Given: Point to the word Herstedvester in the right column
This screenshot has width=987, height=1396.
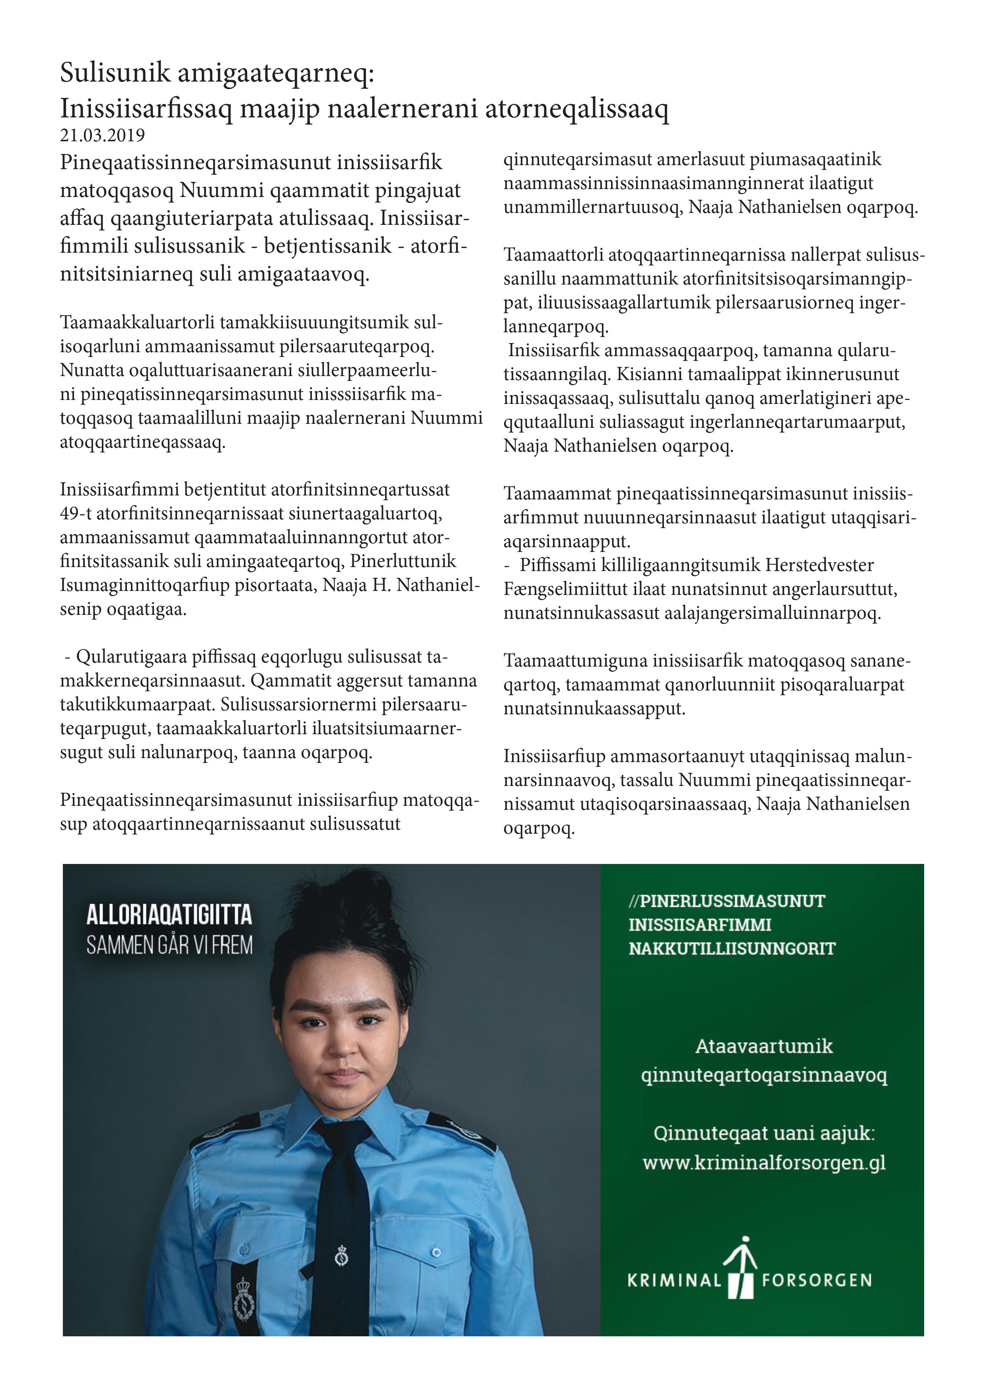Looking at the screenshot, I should [819, 565].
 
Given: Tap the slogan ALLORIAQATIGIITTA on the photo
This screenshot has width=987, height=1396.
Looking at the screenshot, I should [169, 914].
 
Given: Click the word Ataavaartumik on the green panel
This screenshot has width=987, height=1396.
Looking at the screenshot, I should [764, 1046].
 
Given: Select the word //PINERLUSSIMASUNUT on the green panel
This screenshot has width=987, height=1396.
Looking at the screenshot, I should [727, 901].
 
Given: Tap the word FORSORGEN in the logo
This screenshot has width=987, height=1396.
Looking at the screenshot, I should [817, 1281].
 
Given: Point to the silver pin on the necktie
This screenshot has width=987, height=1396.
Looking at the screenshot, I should [342, 1256].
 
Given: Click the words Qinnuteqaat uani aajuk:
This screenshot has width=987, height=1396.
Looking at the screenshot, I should [764, 1133].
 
